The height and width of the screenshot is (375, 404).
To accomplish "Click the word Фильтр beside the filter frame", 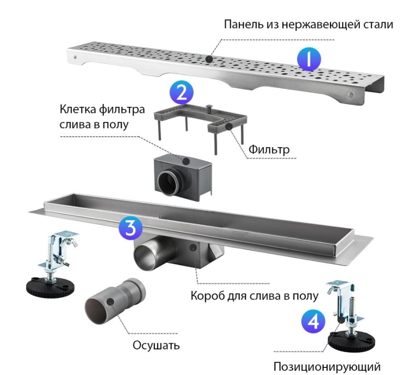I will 269,150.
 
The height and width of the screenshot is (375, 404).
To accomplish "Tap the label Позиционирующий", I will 327,366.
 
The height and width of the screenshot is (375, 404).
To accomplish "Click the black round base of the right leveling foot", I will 354,341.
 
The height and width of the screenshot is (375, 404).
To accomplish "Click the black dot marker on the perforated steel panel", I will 209,59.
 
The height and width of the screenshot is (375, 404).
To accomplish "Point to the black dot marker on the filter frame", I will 229,127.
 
